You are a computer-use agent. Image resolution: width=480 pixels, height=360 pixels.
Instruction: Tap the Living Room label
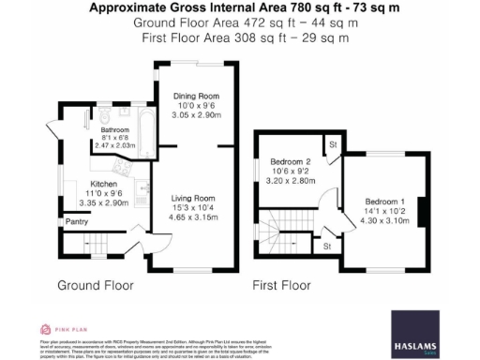pos(193,199)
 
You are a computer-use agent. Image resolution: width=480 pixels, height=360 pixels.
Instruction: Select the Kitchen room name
pos(103,183)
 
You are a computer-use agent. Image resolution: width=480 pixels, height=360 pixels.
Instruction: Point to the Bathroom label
pos(115,130)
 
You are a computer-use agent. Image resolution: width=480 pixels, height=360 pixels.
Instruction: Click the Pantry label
pos(76,222)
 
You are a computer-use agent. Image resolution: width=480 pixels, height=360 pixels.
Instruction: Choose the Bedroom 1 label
pos(384,202)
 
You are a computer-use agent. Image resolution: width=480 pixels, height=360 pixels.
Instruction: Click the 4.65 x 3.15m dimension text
pos(193,217)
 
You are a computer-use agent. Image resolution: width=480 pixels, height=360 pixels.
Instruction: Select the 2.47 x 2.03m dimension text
pos(115,146)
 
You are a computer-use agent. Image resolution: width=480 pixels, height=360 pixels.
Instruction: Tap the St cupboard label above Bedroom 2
pos(332,144)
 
